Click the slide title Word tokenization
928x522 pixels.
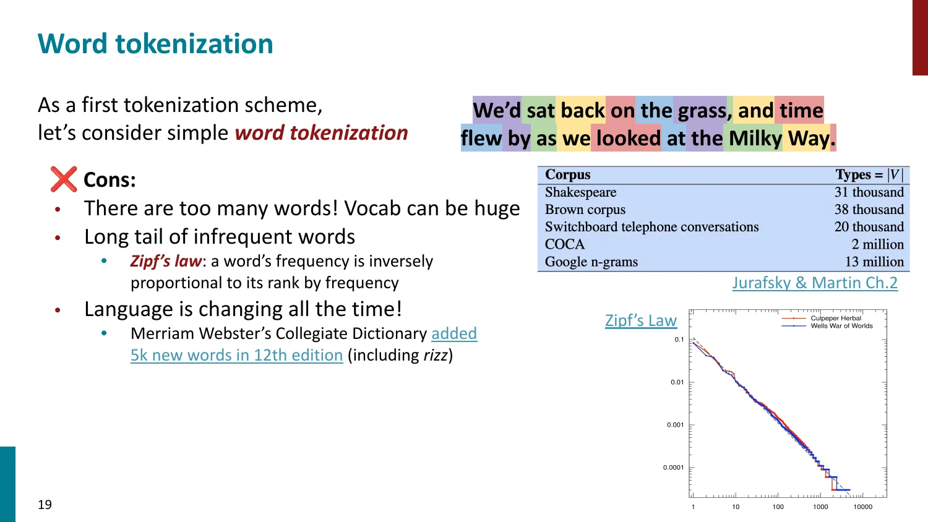click(x=155, y=44)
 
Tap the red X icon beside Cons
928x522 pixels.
click(x=64, y=179)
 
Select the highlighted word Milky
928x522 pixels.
click(x=755, y=139)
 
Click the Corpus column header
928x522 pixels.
click(x=567, y=175)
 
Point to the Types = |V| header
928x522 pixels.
click(x=869, y=175)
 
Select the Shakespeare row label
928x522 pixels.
click(x=580, y=192)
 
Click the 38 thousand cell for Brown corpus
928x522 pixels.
click(x=869, y=210)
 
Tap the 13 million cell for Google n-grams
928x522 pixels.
click(x=874, y=262)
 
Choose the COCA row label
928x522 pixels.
click(x=564, y=244)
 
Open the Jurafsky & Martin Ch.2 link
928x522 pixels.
click(x=814, y=283)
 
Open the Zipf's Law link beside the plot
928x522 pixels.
click(x=641, y=320)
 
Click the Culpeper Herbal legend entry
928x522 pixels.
click(x=835, y=318)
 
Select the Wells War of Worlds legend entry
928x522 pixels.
click(x=841, y=326)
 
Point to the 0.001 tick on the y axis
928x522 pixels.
click(x=675, y=425)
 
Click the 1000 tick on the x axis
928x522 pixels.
click(x=820, y=507)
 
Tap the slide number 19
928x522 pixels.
click(x=45, y=505)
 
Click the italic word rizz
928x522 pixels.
click(x=435, y=355)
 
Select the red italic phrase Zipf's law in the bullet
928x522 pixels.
click(x=166, y=261)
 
